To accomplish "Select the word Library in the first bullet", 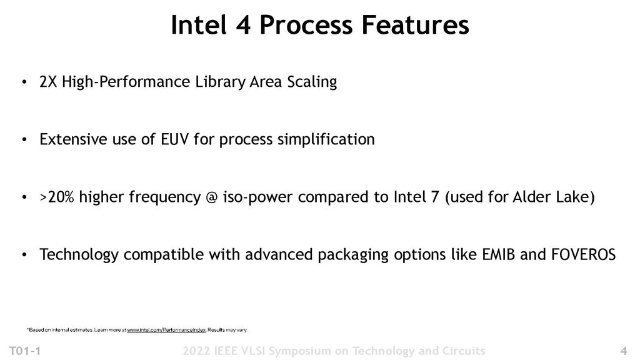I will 212,82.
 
